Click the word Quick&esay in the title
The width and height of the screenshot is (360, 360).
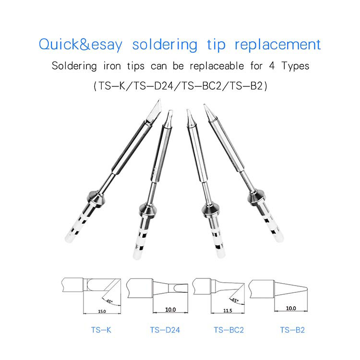point(80,45)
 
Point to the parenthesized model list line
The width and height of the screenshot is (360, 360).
point(180,86)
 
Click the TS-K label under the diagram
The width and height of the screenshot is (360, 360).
point(101,330)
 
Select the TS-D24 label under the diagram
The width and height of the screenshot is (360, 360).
point(165,330)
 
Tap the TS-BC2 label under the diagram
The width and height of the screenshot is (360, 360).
point(229,330)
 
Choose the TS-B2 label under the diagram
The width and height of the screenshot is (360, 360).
point(292,330)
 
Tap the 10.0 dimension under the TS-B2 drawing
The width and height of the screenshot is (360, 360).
point(291,309)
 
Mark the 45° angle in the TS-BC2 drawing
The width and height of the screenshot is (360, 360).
point(235,300)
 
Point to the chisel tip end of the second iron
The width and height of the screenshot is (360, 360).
point(169,118)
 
